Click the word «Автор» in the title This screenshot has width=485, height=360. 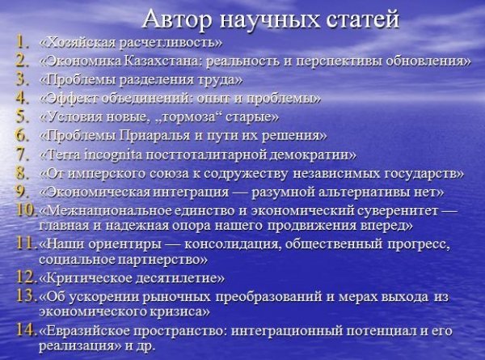coord(178,19)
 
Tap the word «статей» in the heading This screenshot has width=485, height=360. coord(363,19)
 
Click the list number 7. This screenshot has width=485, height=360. coord(23,155)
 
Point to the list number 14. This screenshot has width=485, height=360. coord(25,330)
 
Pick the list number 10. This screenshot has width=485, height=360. coord(25,210)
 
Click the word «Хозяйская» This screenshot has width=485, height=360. coord(78,42)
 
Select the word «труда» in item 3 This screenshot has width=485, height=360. coord(219,80)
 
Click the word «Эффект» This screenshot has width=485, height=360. coord(70,99)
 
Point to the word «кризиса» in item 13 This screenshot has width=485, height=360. coord(180,311)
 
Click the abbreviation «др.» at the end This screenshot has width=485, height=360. coord(145,345)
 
